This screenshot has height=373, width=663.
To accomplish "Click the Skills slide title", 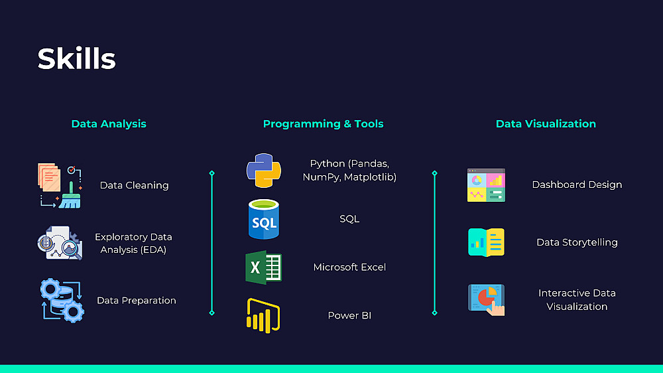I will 76,59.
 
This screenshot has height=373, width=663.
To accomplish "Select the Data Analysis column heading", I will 109,123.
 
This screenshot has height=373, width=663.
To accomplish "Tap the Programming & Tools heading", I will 323,123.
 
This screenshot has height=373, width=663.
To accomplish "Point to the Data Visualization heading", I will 546,123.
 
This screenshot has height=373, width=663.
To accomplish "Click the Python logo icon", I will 264,171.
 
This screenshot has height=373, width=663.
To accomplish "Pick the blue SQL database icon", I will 264,219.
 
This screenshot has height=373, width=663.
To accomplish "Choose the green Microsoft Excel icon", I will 264,267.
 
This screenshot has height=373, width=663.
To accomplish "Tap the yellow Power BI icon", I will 263,315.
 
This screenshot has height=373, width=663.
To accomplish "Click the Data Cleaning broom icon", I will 60,186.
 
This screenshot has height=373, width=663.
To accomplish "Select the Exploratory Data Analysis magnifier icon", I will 60,243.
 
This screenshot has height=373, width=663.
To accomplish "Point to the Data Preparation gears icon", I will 62,301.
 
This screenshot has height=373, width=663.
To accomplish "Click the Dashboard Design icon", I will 486,185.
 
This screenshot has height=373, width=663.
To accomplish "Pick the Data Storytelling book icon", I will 486,242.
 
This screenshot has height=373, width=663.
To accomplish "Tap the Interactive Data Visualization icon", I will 486,300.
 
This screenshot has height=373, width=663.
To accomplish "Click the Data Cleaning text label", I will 134,185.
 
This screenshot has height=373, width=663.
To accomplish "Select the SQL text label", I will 349,219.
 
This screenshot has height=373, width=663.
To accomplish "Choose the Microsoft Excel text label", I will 349,267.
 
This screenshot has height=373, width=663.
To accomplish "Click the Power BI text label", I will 349,315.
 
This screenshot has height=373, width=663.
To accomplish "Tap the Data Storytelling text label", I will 577,242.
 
